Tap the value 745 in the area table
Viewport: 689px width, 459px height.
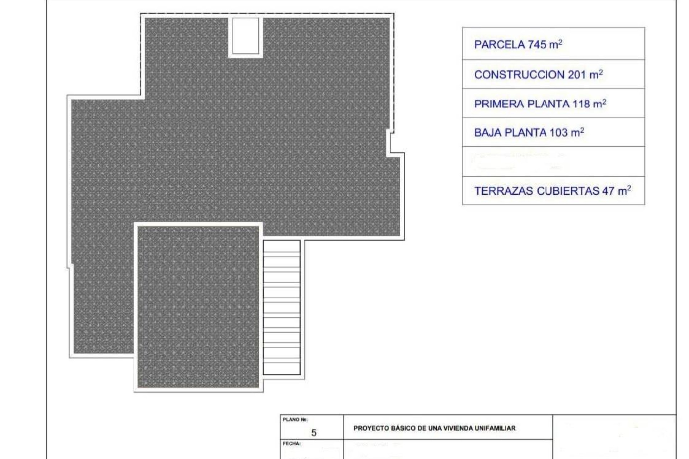pyautogui.click(x=537, y=45)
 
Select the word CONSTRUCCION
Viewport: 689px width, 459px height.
pyautogui.click(x=519, y=75)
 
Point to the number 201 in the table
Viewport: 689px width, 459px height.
pyautogui.click(x=577, y=75)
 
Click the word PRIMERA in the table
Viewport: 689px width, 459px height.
pyautogui.click(x=499, y=104)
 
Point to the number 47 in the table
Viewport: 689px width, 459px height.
pyautogui.click(x=608, y=191)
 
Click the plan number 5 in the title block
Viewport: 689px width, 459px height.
pyautogui.click(x=314, y=433)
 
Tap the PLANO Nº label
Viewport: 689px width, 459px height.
pyautogui.click(x=295, y=420)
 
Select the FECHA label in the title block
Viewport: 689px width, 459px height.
pyautogui.click(x=291, y=444)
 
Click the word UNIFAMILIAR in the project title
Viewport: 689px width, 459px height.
pyautogui.click(x=495, y=428)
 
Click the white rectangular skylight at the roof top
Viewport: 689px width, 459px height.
pyautogui.click(x=246, y=36)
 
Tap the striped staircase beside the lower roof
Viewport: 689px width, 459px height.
pyautogui.click(x=282, y=308)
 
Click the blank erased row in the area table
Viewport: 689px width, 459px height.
pyautogui.click(x=553, y=162)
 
